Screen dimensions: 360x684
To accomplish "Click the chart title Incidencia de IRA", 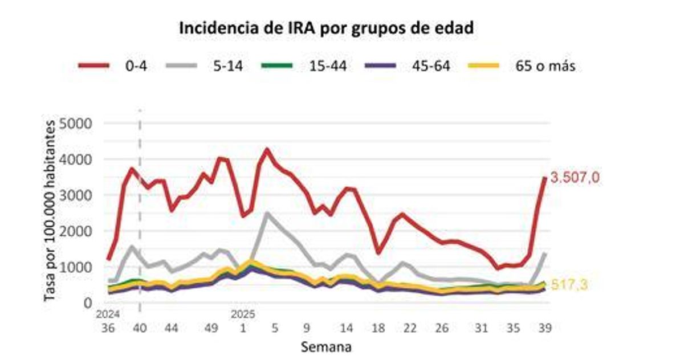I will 327,28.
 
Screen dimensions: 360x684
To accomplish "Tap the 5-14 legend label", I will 228,66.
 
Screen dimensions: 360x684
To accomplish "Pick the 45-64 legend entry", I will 430,66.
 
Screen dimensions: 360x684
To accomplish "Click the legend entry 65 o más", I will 541,66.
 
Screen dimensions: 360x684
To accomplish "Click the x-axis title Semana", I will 325,346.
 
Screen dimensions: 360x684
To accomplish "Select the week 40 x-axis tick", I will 140,328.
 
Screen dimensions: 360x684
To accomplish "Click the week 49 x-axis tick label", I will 211,328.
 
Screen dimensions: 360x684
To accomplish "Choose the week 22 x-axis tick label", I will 409,328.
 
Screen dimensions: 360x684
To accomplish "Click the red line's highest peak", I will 266,150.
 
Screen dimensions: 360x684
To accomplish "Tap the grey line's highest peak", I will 267,214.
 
